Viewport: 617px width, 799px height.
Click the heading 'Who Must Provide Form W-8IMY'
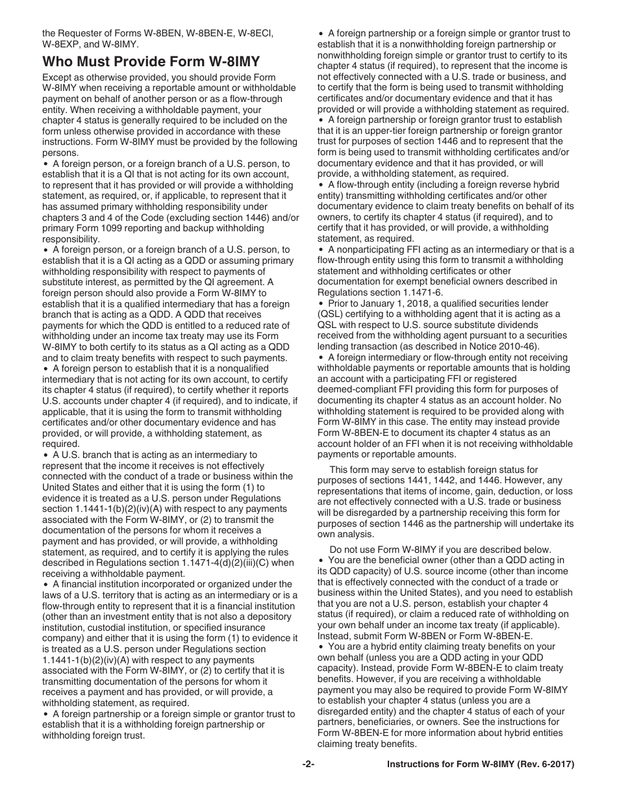(151, 62)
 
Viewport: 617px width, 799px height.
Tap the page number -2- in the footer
(308, 765)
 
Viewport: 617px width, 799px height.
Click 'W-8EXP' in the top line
(63, 44)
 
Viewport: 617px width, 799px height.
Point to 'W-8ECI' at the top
(245, 33)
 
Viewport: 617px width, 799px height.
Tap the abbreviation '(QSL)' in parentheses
(330, 314)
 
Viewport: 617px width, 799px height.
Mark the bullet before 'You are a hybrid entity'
(321, 647)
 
